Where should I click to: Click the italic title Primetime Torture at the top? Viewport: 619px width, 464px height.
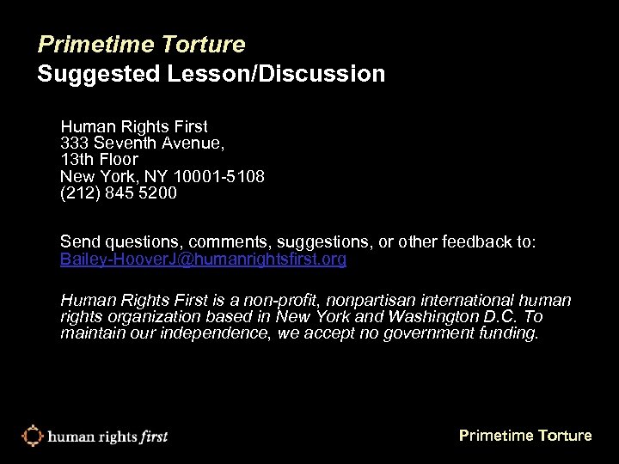point(142,43)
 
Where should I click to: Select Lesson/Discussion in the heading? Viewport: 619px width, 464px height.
point(280,75)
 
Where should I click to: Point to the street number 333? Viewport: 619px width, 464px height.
point(76,143)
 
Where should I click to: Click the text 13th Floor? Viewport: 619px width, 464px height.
point(99,160)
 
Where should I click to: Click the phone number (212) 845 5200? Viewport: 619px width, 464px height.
point(119,193)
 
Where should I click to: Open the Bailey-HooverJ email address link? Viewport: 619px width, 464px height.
point(204,259)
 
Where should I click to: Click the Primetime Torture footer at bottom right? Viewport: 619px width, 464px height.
point(525,436)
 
